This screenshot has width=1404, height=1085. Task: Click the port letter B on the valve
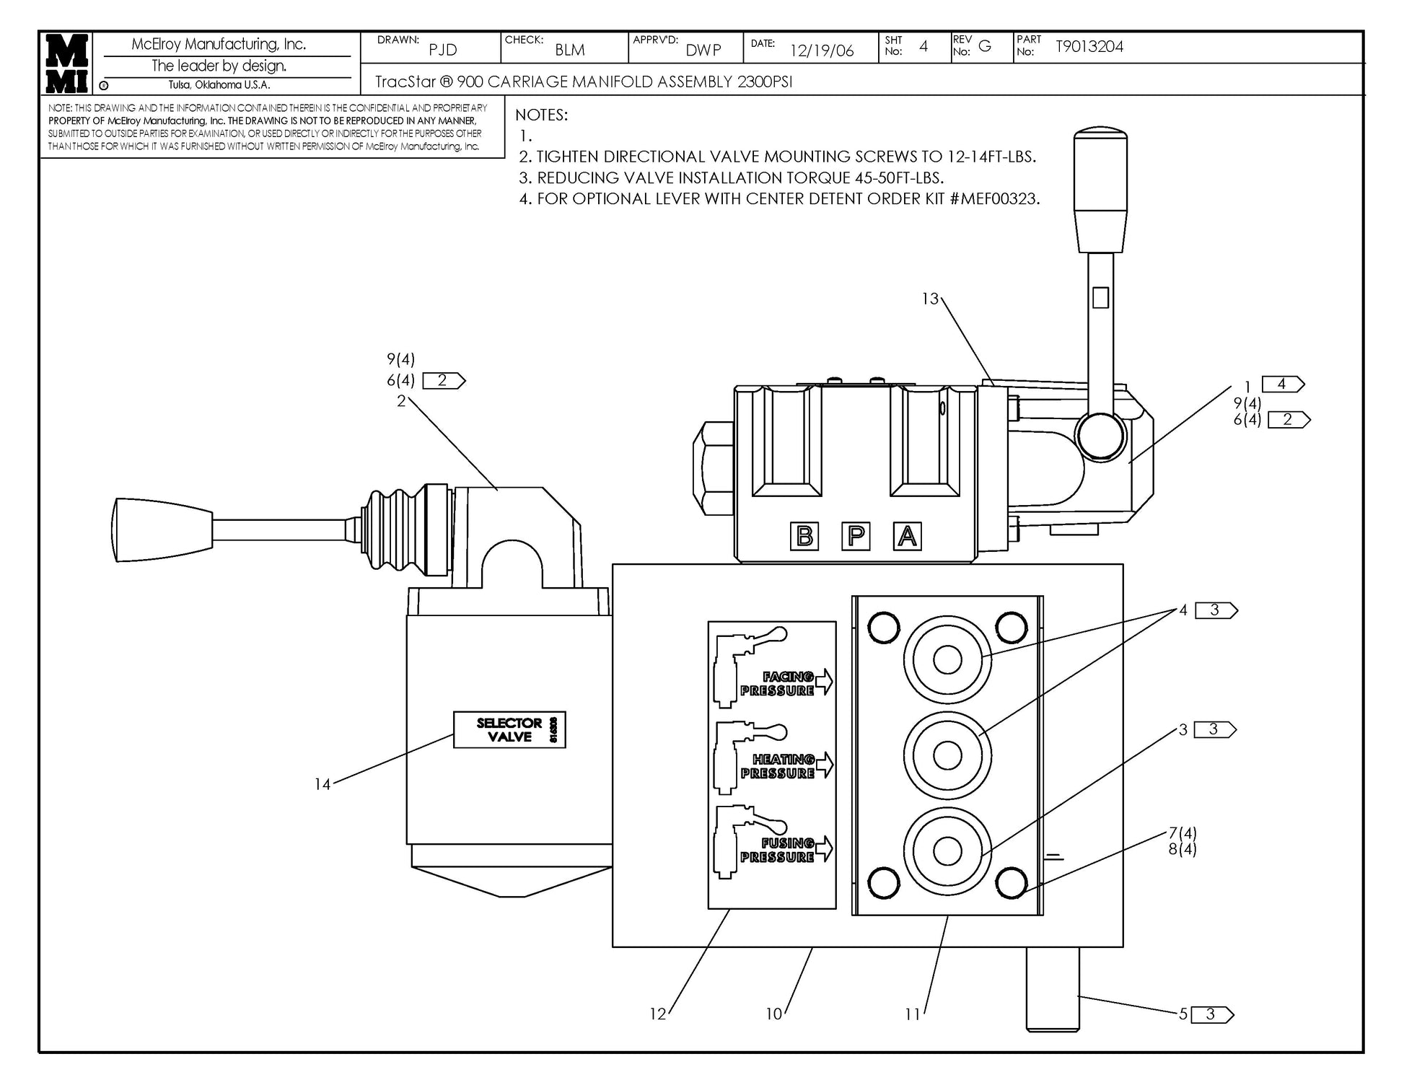(804, 537)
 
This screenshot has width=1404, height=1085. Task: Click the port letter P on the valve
(856, 537)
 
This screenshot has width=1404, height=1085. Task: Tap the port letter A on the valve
(907, 537)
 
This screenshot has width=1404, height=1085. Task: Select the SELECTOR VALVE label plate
(509, 730)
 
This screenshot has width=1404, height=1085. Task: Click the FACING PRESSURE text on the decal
(778, 683)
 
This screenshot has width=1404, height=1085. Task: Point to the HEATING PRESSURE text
(778, 766)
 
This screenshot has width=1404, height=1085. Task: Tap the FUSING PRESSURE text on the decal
(778, 850)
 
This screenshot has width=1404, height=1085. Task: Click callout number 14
(322, 784)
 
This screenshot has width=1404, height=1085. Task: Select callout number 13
(930, 299)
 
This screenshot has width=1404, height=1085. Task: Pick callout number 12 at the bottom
(657, 1014)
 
